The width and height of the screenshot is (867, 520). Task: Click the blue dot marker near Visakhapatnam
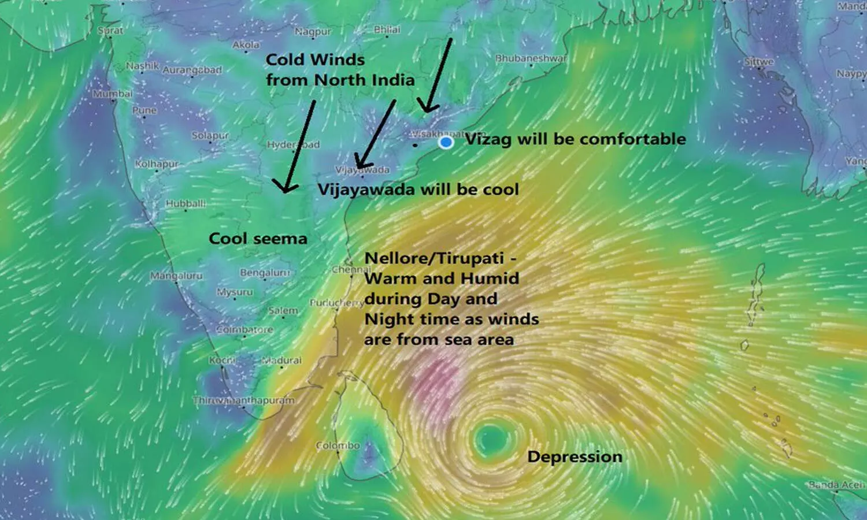click(x=446, y=142)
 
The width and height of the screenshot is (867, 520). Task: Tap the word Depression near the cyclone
click(x=575, y=456)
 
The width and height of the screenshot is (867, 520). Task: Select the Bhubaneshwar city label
click(x=531, y=58)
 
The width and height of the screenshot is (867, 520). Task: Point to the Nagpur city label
click(x=313, y=32)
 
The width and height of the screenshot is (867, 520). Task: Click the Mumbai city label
click(x=113, y=93)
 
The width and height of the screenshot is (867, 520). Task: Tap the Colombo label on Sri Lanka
click(x=338, y=445)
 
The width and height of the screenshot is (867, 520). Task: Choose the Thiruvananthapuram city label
click(x=243, y=400)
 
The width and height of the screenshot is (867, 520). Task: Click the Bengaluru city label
click(x=264, y=272)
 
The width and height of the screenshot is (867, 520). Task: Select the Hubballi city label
click(x=186, y=203)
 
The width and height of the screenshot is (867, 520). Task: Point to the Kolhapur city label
click(x=157, y=164)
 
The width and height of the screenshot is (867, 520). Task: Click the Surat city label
click(x=110, y=30)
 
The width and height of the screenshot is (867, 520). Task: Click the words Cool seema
click(x=258, y=239)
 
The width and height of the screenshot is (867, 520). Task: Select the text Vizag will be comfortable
click(x=575, y=139)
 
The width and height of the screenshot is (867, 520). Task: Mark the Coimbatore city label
click(x=244, y=329)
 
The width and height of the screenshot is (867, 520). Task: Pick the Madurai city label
click(x=282, y=360)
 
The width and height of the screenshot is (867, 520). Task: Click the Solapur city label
click(x=210, y=136)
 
